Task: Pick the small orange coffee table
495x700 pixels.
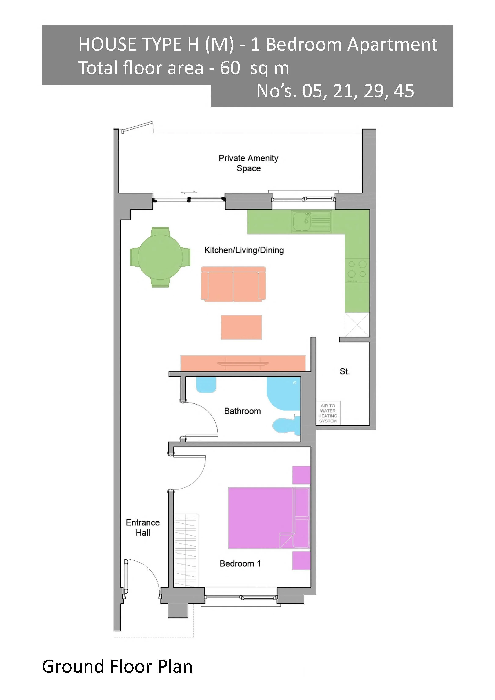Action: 241,327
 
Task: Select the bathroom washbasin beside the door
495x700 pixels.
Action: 206,385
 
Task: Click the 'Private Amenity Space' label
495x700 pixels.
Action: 248,163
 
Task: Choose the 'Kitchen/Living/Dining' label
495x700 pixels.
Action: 244,250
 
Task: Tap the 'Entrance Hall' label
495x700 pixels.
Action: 143,527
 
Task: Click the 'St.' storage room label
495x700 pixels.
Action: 345,371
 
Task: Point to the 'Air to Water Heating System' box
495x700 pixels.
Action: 328,413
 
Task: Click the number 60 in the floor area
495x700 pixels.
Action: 230,68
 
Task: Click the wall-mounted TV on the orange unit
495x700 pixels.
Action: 243,363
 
